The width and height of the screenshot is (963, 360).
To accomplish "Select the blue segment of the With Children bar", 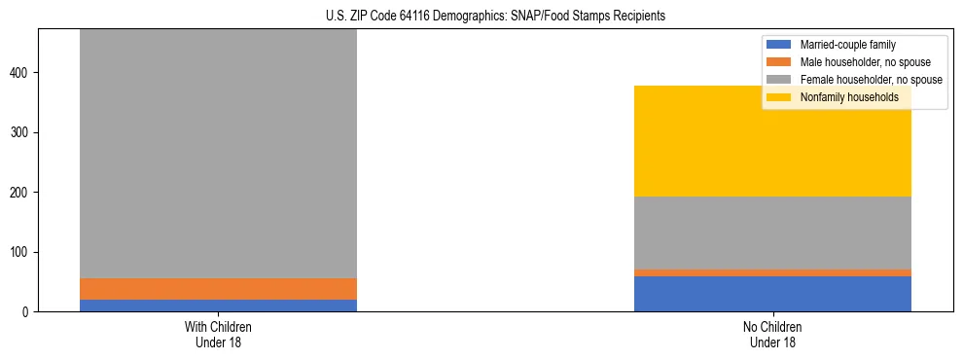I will (x=218, y=306).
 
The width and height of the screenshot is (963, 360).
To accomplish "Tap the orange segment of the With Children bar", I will (x=218, y=289).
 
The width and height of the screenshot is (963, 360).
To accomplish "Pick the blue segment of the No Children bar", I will (x=772, y=294).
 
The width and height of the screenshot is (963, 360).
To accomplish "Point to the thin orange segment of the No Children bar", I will (x=772, y=272).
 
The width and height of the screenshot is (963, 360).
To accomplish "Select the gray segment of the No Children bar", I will (x=772, y=233).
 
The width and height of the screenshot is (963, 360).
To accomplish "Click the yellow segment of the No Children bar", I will (x=772, y=141).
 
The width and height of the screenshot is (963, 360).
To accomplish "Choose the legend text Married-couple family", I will (x=846, y=45).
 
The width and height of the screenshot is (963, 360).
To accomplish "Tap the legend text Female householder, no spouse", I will (x=871, y=80).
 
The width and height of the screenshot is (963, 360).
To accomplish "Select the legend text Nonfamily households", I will (x=842, y=97).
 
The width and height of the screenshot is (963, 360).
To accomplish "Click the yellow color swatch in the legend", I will (x=779, y=97).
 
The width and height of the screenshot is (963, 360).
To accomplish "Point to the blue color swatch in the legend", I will (x=779, y=45).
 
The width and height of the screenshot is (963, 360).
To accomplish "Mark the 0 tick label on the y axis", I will (x=28, y=312).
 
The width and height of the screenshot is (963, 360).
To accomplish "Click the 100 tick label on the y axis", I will (x=22, y=252).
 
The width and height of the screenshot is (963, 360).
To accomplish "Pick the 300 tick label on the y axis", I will (x=22, y=132).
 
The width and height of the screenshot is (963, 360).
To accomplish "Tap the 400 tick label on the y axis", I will (x=22, y=73).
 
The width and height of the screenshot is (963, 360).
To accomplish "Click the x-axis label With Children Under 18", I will (x=218, y=334).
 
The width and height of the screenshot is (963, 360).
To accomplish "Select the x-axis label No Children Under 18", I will (x=772, y=334).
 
